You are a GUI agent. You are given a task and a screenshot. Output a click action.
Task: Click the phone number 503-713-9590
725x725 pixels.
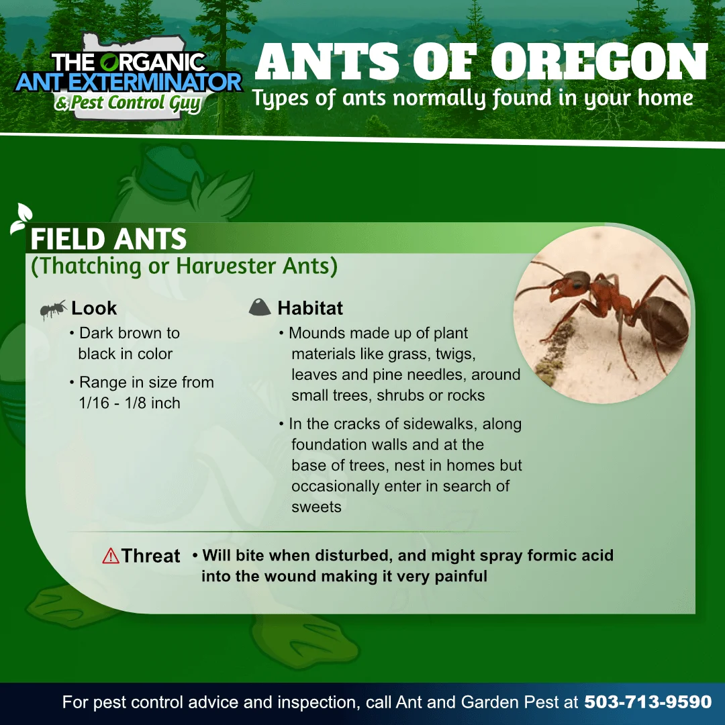point(648,702)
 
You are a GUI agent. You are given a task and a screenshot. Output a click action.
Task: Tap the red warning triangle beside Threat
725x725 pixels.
point(111,556)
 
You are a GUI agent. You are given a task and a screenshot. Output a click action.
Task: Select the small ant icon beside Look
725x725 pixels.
point(53,309)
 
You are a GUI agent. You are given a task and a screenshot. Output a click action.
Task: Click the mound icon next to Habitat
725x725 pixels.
point(259,307)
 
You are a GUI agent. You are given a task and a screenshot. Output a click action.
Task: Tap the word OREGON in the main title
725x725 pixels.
point(599,62)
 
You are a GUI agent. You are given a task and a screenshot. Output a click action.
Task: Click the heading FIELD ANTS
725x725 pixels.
point(108,239)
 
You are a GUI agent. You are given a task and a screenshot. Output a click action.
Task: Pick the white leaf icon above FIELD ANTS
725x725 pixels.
point(21,217)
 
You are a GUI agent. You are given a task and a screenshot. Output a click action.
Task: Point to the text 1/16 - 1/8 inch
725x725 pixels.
point(130,403)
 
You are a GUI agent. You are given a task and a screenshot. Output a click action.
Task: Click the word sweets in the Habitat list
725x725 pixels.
point(316,507)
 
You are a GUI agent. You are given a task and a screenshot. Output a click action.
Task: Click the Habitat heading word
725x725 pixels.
point(310,308)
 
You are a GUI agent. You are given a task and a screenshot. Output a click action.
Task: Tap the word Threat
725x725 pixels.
point(151,556)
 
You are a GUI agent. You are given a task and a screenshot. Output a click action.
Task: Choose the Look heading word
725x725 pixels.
point(94,308)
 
